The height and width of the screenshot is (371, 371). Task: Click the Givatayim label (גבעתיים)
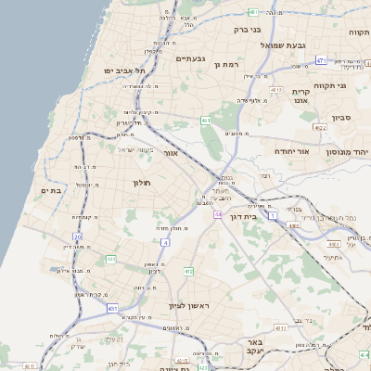(189, 58)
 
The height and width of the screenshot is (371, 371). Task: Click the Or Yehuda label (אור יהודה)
(296, 150)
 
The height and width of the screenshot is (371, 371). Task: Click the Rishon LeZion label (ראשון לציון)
(185, 306)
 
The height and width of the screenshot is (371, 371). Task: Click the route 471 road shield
(321, 60)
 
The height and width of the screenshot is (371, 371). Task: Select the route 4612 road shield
(275, 90)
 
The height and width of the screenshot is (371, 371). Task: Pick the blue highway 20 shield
(78, 237)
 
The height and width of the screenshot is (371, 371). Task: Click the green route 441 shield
(111, 259)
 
